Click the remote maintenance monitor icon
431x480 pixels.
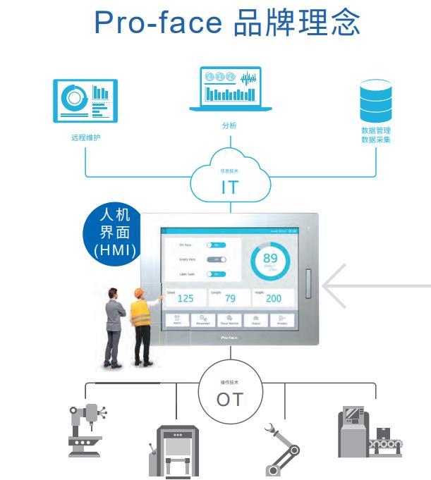(x=85, y=101)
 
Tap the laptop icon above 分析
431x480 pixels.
(x=230, y=90)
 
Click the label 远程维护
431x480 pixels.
(x=85, y=137)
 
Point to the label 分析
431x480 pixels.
(x=229, y=125)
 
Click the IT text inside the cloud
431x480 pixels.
(x=229, y=187)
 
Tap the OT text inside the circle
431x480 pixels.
(x=230, y=400)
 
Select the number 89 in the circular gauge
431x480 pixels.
(x=271, y=259)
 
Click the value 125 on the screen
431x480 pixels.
(x=186, y=298)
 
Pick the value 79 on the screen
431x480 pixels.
(x=230, y=298)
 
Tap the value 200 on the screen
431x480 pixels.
(x=274, y=298)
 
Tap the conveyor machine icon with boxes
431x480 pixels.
(x=370, y=431)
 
